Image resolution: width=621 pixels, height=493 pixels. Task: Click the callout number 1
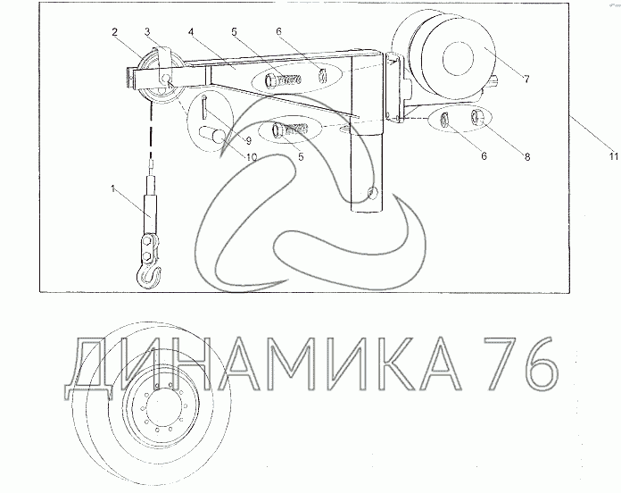[113, 189]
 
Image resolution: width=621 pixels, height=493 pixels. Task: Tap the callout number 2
[114, 32]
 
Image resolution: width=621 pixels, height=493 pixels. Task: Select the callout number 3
[147, 31]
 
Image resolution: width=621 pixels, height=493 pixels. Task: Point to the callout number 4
[191, 31]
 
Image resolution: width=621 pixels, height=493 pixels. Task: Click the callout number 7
[526, 79]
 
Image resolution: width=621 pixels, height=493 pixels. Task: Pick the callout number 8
[527, 156]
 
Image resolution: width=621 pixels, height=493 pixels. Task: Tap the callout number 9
[248, 140]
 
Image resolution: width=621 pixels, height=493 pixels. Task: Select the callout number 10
[252, 157]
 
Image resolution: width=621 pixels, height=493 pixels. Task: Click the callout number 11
[614, 156]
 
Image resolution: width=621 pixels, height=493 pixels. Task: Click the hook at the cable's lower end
[148, 276]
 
